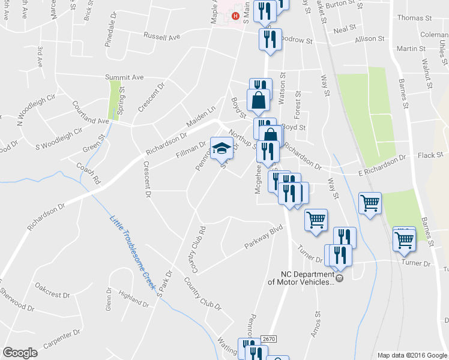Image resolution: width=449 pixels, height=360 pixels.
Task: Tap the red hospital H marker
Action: pos(235,16)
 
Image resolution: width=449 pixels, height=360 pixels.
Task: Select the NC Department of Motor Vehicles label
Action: pos(300,278)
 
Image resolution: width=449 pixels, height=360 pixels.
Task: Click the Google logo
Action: pos(20,353)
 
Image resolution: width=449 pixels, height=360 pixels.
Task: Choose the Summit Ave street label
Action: pos(125,77)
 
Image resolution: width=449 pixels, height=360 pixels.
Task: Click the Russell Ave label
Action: pos(162,37)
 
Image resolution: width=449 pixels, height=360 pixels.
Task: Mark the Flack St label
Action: pos(430,155)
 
